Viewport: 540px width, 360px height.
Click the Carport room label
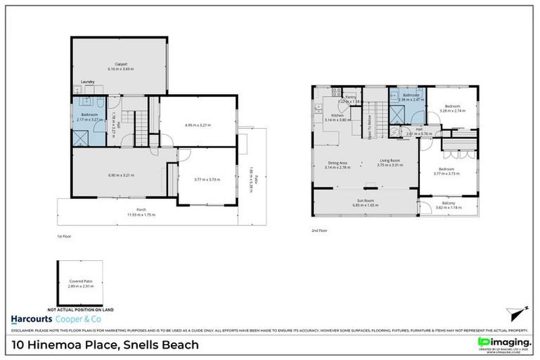120,65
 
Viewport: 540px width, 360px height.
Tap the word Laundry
87,82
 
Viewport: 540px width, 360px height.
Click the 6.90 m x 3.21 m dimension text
120,175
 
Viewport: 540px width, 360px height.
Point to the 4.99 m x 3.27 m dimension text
198,125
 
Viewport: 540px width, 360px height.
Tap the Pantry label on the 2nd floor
350,97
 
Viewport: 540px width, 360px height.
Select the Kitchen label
337,115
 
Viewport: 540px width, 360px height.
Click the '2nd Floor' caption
319,230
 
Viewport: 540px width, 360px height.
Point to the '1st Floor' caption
63,236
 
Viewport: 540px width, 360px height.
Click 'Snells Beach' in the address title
160,345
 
